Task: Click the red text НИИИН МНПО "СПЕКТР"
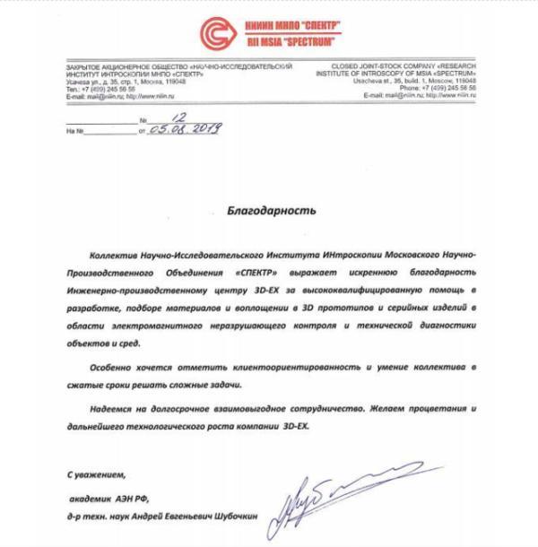click(289, 27)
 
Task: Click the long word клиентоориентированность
click(298, 368)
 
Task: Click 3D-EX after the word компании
click(295, 426)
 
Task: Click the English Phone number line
click(438, 88)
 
